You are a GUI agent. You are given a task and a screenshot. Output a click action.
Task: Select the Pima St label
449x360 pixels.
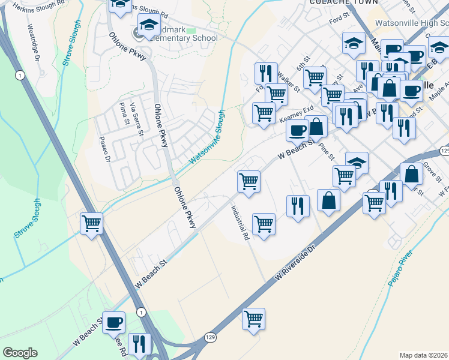[126, 115]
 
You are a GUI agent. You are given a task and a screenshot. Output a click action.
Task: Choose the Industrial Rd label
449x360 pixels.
[240, 224]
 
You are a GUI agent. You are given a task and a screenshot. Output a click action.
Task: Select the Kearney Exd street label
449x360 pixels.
[296, 114]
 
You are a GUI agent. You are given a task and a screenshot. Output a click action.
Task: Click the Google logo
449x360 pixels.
[19, 353]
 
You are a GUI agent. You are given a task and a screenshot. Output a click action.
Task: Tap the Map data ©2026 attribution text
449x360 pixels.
[423, 355]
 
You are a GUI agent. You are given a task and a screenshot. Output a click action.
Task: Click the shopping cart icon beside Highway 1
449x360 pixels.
[91, 224]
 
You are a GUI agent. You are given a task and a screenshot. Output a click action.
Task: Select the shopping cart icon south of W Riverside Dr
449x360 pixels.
[253, 319]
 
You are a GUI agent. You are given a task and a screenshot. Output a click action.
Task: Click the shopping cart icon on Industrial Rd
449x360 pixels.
[264, 225]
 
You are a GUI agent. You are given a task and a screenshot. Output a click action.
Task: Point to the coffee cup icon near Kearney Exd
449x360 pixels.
[297, 130]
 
